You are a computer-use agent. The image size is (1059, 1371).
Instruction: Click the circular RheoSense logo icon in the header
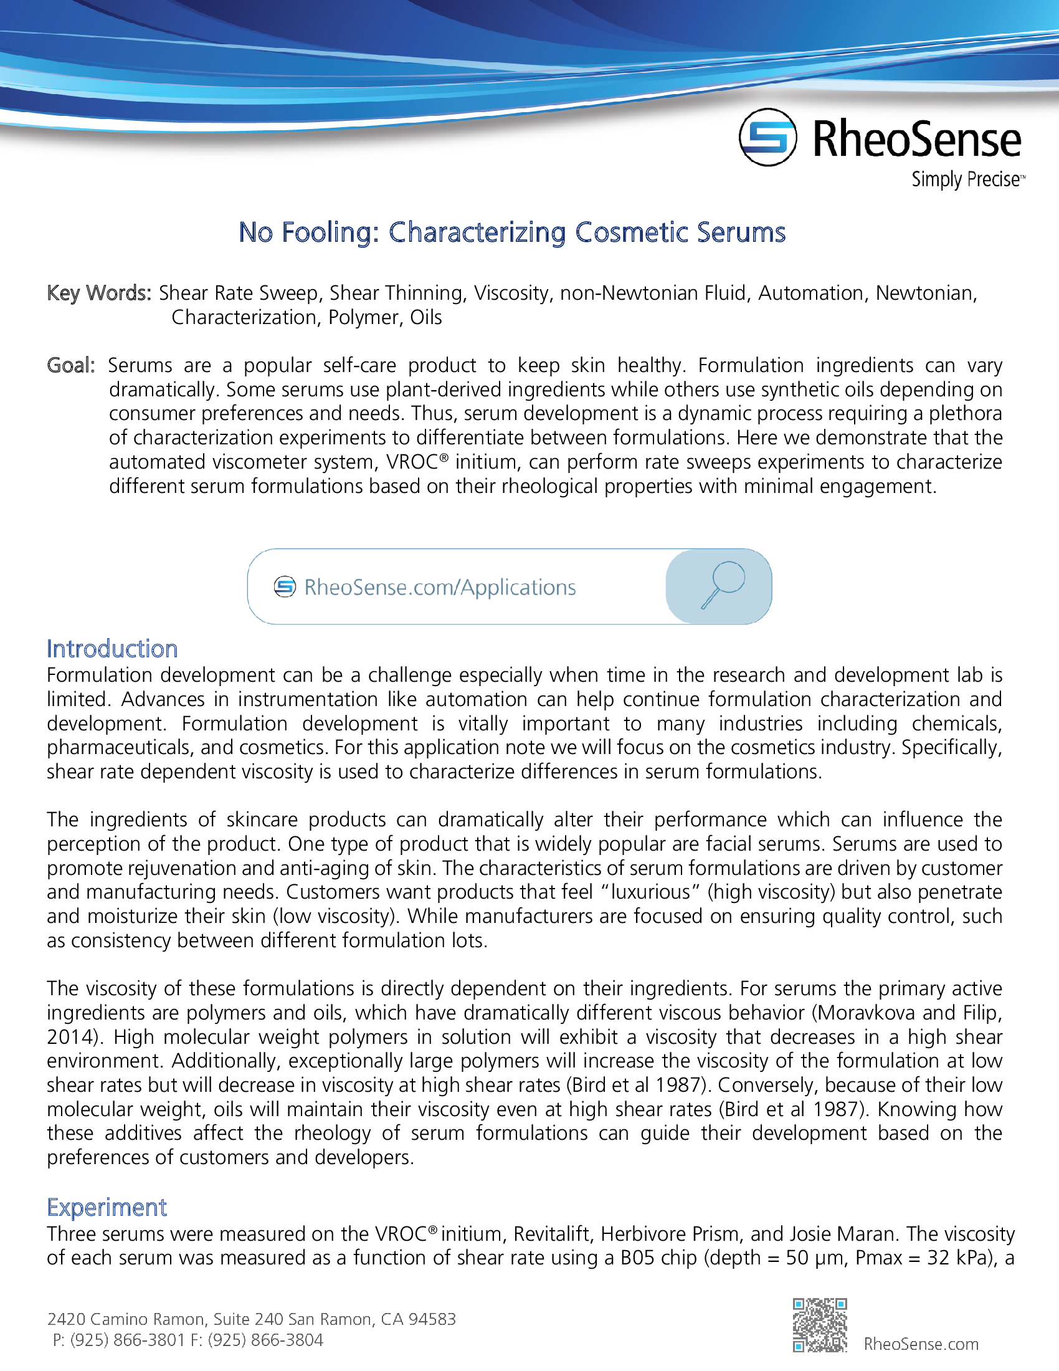click(x=767, y=138)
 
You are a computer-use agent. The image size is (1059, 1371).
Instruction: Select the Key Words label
click(x=98, y=293)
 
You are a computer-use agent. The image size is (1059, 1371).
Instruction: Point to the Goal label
click(x=70, y=365)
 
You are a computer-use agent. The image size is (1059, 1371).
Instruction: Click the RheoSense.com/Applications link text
click(x=439, y=588)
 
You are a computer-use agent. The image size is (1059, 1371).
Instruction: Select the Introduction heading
click(x=112, y=649)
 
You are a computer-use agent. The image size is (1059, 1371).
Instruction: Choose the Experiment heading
click(x=107, y=1207)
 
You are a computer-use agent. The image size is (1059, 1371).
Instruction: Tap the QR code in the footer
click(x=819, y=1324)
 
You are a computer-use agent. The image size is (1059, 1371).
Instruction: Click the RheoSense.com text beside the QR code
click(x=920, y=1344)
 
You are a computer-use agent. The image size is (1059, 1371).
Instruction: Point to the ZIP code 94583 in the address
click(x=432, y=1319)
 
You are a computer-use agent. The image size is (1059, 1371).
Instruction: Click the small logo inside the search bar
click(x=284, y=587)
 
